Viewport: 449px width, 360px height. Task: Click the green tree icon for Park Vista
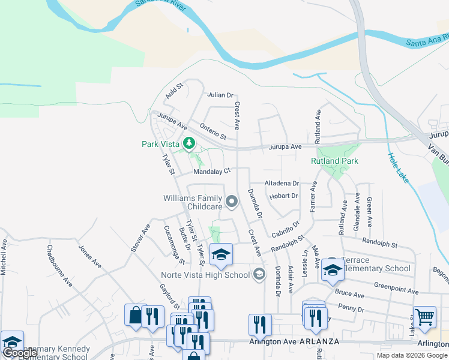(x=190, y=143)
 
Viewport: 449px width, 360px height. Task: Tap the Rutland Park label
(x=334, y=161)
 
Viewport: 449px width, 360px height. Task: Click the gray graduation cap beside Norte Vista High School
(x=259, y=275)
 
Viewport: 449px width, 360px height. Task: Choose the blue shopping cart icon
(x=424, y=316)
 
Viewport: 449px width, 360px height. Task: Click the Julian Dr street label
(x=220, y=95)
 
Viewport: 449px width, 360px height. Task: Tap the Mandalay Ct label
(x=211, y=171)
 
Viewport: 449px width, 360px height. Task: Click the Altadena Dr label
(x=282, y=183)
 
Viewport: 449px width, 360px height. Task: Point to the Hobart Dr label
(x=283, y=196)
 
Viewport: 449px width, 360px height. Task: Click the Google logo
(x=19, y=353)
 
